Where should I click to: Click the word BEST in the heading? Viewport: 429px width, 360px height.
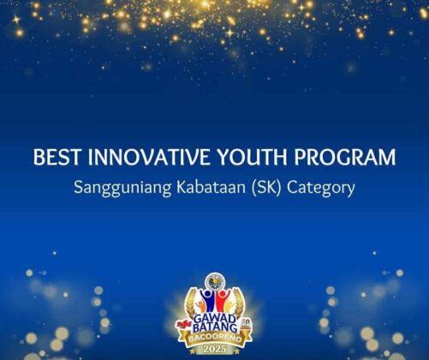pyautogui.click(x=52, y=157)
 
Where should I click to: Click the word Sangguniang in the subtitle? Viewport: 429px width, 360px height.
pyautogui.click(x=122, y=189)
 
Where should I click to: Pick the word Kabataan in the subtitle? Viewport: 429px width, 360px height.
pyautogui.click(x=211, y=188)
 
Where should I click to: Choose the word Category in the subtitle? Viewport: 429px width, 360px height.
pyautogui.click(x=321, y=189)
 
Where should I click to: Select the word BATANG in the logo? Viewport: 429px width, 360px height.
pyautogui.click(x=215, y=327)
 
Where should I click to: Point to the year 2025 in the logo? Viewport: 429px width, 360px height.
pyautogui.click(x=215, y=349)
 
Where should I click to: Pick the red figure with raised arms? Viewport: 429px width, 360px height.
pyautogui.click(x=222, y=301)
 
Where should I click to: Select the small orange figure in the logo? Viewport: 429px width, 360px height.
pyautogui.click(x=201, y=306)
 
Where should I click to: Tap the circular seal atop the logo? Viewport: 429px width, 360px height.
pyautogui.click(x=215, y=281)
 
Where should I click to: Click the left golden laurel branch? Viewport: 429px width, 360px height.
pyautogui.click(x=191, y=303)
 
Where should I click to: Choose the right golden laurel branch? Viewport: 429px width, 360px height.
pyautogui.click(x=238, y=303)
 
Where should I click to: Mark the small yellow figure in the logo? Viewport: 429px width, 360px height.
pyautogui.click(x=228, y=306)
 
